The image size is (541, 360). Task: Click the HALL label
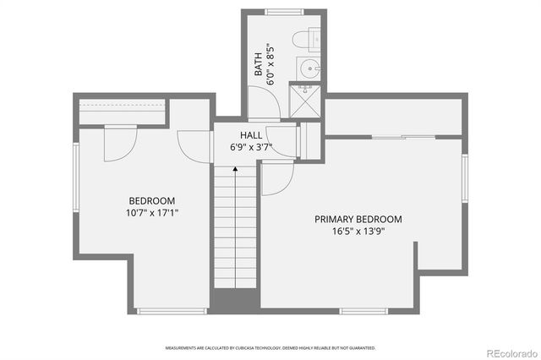(250, 135)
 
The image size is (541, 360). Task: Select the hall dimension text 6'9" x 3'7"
(250, 147)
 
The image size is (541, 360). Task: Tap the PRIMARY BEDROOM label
(358, 219)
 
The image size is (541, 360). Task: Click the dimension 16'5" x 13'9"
(358, 231)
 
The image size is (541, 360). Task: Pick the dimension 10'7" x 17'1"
(153, 212)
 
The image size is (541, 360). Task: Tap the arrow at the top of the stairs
(234, 170)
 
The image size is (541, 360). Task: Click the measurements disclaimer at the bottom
(270, 347)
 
